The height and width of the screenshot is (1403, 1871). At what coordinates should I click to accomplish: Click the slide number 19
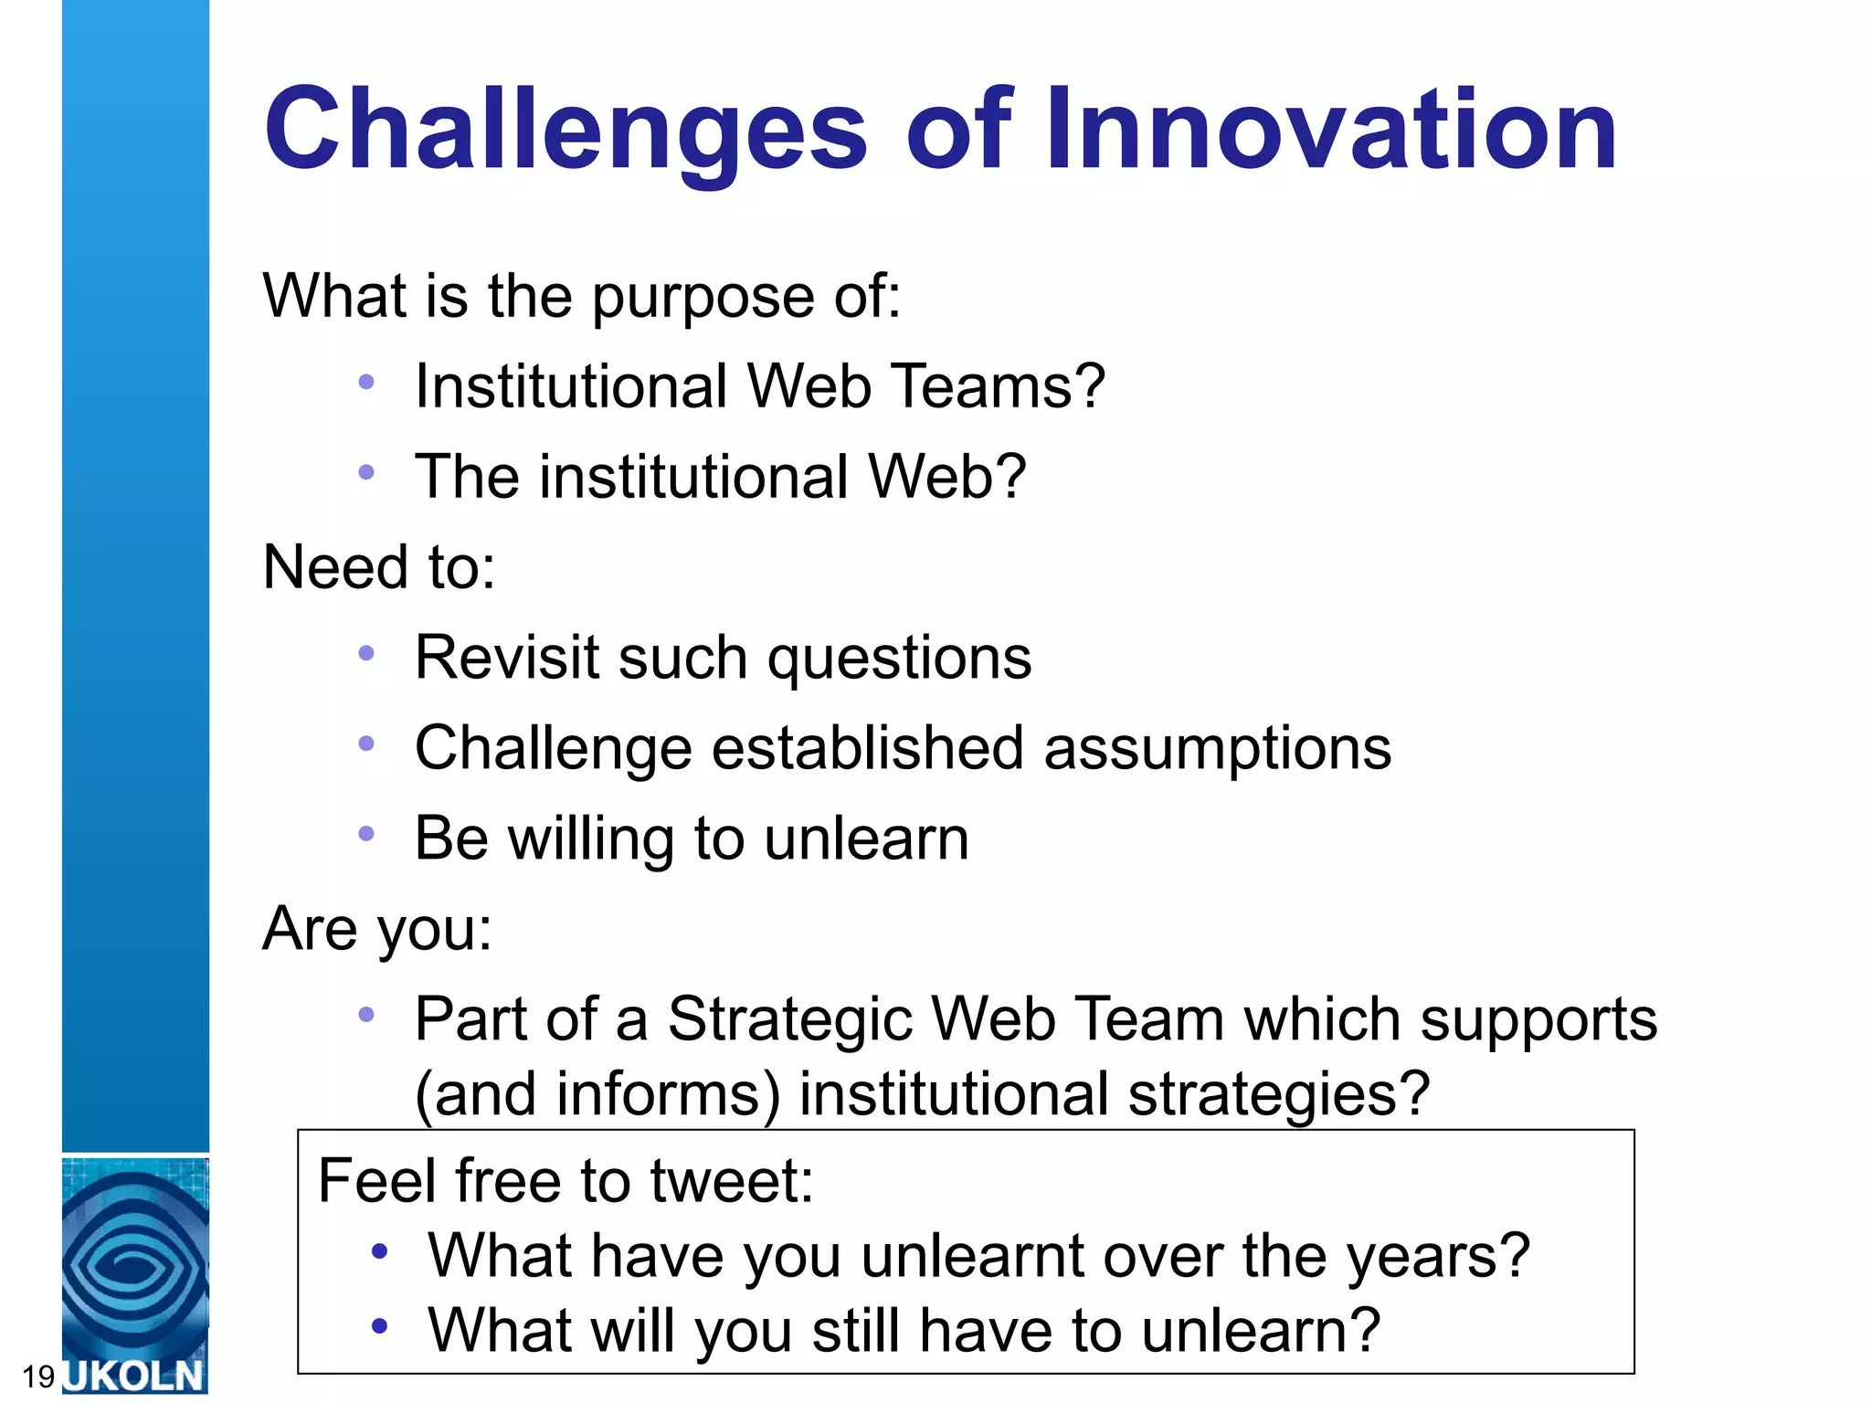pyautogui.click(x=38, y=1377)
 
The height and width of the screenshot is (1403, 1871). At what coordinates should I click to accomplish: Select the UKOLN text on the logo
pyautogui.click(x=134, y=1376)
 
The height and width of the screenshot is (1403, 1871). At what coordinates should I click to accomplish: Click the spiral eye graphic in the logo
pyautogui.click(x=134, y=1265)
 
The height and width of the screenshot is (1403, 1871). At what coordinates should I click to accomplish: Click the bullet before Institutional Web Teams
pyautogui.click(x=366, y=382)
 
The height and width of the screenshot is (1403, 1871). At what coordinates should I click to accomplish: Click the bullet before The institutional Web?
pyautogui.click(x=366, y=472)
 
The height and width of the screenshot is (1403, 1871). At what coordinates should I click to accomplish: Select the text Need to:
pyautogui.click(x=378, y=567)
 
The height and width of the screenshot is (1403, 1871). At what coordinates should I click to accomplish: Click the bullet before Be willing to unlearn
pyautogui.click(x=366, y=833)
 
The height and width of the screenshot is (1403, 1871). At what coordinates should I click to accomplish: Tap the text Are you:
pyautogui.click(x=376, y=929)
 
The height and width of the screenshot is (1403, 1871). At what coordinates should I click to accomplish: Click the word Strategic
pyautogui.click(x=790, y=1019)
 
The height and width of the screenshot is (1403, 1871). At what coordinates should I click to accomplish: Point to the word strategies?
pyautogui.click(x=1278, y=1094)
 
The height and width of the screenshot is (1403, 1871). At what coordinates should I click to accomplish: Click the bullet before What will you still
pyautogui.click(x=380, y=1325)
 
